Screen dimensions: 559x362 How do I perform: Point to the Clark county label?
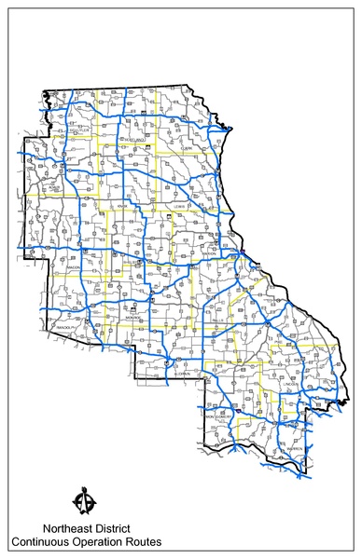coord(187,147)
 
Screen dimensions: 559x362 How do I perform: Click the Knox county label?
coord(121,206)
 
